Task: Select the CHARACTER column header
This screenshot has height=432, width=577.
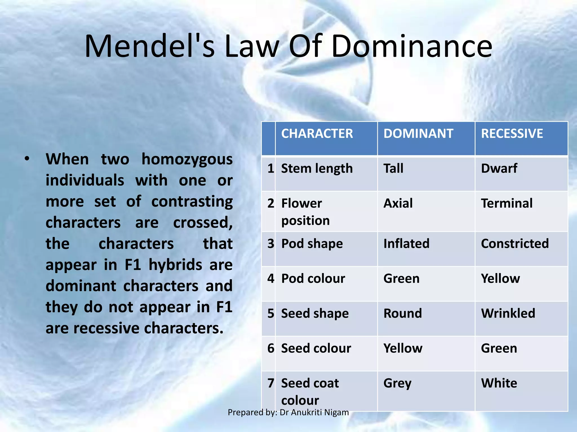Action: tap(317, 133)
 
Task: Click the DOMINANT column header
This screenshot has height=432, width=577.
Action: tap(418, 133)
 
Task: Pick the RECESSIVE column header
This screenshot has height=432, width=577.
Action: tap(512, 133)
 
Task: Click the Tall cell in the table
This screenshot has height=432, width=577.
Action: tap(393, 168)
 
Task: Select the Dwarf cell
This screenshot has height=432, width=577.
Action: tap(499, 168)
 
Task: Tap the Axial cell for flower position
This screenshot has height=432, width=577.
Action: tap(398, 203)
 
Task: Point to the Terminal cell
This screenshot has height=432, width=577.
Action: tap(507, 203)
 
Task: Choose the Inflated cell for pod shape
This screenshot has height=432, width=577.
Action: tap(406, 244)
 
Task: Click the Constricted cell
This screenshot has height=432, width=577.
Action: tap(515, 244)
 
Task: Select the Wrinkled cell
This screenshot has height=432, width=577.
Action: tap(508, 313)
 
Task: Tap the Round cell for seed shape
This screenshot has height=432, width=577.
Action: tap(403, 313)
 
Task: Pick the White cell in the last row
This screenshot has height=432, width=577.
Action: tap(499, 383)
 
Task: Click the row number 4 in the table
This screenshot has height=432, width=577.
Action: tap(271, 278)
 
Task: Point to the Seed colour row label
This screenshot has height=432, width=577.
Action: tap(316, 348)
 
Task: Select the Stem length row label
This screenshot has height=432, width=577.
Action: tap(317, 169)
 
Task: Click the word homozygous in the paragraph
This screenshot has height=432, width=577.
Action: tap(187, 160)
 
